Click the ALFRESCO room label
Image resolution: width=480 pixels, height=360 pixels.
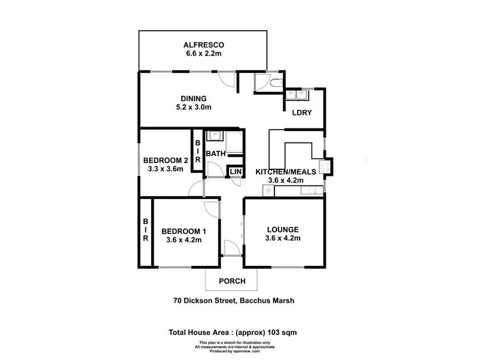pos(202,45)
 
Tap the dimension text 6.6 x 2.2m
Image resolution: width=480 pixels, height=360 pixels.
pos(202,54)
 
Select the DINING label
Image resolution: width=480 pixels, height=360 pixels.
pos(193,98)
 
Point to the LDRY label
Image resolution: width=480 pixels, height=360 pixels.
pos(302,113)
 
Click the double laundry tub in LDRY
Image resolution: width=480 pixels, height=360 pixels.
pos(297,95)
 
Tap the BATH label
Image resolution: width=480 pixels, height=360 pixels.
pos(216,153)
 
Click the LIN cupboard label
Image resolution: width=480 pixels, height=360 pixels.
pos(236,172)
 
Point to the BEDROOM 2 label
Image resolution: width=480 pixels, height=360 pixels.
pos(165,160)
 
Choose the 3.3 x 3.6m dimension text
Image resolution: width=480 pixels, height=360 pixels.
pos(165,169)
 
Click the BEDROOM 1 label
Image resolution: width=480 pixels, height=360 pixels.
pos(184,231)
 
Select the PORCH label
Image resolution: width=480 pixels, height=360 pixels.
pos(232,281)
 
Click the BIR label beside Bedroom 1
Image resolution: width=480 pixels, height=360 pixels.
pos(145,229)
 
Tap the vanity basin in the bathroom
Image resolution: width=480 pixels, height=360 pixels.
pos(215,136)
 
